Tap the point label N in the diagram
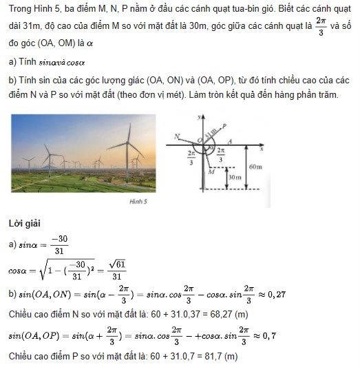point(178,136)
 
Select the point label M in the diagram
point(211,174)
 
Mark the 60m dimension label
point(255,167)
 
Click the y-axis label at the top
point(198,118)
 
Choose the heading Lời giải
point(25,224)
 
